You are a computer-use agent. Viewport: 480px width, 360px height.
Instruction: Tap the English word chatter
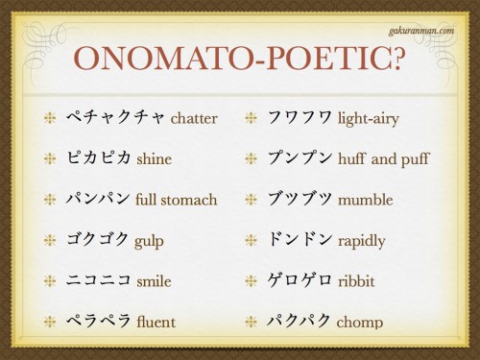coord(194,120)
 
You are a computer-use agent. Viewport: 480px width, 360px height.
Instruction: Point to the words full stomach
coord(177,200)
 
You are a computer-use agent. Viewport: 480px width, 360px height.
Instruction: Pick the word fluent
coord(156,321)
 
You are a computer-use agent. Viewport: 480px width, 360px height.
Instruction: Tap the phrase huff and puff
coord(384,159)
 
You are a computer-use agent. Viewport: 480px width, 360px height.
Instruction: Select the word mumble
coord(366,200)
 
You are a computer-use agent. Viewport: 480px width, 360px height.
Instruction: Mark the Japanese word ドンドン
coord(300,240)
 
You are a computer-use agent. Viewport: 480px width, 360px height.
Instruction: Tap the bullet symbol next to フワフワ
coord(252,119)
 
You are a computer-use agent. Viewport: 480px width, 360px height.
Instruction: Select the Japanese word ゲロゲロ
coord(300,280)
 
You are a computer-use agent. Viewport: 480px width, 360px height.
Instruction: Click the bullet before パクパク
coord(252,321)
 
